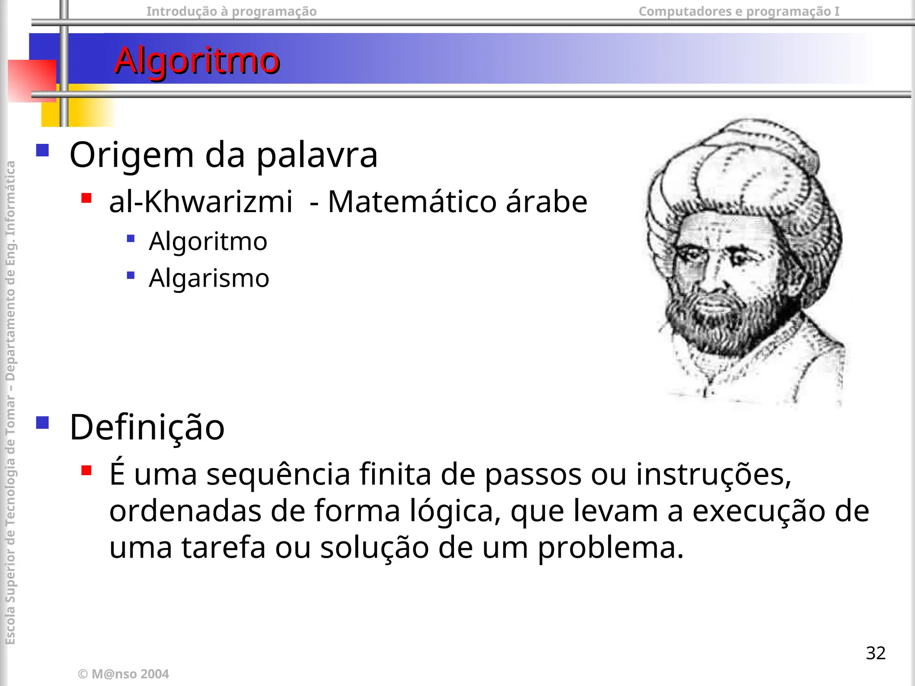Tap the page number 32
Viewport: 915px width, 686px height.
(875, 653)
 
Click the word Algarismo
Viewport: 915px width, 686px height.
(209, 278)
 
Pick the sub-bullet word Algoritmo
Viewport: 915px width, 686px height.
(208, 241)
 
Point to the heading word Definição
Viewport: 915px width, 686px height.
(147, 427)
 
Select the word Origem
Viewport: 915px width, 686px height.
(132, 155)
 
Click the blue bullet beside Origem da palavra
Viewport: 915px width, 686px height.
(42, 150)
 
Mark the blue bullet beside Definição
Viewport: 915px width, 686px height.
(42, 422)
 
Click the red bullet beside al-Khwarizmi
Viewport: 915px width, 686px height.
(87, 198)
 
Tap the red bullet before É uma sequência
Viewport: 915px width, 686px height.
(87, 470)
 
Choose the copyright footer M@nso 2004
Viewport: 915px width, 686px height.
(124, 674)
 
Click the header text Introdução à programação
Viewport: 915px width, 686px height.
(231, 11)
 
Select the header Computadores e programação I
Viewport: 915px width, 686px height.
(739, 11)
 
